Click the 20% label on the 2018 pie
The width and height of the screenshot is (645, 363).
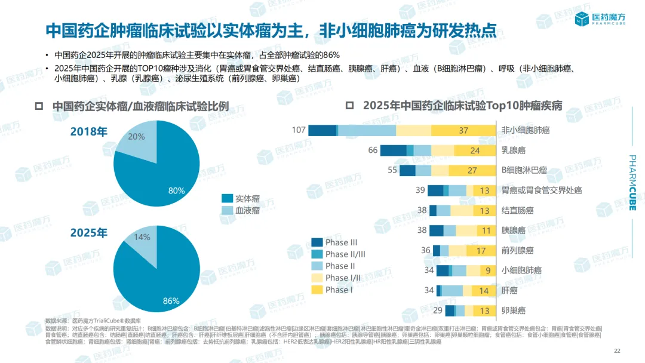click(136, 137)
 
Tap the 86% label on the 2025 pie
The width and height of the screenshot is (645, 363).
click(171, 300)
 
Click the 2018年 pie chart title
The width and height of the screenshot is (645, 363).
click(89, 131)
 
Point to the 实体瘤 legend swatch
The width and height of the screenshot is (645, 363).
click(226, 198)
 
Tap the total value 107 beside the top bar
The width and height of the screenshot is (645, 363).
click(299, 130)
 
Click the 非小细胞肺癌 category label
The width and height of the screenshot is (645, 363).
click(525, 130)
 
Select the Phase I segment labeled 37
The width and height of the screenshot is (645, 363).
click(463, 130)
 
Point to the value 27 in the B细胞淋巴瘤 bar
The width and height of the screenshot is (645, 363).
click(472, 170)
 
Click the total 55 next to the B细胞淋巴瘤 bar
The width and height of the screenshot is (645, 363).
click(392, 170)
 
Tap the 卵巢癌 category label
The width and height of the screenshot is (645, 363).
click(513, 310)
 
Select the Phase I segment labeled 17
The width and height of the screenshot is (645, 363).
click(481, 251)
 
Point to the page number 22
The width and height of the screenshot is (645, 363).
click(617, 351)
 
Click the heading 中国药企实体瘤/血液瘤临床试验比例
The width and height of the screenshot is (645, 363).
click(140, 106)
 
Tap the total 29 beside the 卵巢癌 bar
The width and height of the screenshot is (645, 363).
click(438, 310)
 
